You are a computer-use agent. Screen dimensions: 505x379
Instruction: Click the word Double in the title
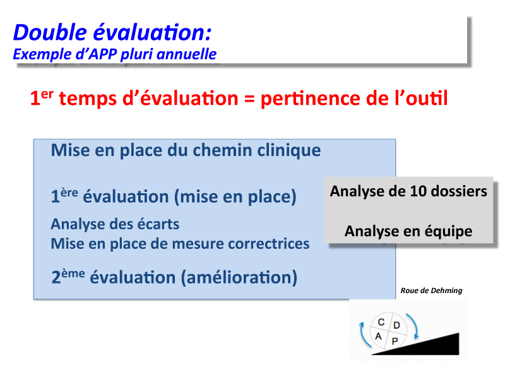click(x=50, y=32)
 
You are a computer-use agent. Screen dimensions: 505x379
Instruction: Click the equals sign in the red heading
click(x=249, y=99)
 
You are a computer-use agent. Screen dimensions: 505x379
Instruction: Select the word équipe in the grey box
click(x=448, y=231)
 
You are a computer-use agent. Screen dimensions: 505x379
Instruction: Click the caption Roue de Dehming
click(x=431, y=291)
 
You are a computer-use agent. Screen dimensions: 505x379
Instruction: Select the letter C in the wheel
click(x=381, y=322)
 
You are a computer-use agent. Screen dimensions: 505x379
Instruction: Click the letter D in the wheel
click(x=397, y=325)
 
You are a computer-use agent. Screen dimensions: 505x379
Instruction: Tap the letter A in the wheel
click(x=378, y=337)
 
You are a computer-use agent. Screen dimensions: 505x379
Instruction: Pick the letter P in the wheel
click(x=395, y=341)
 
